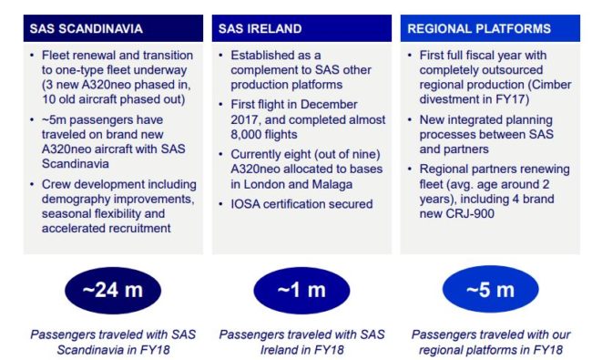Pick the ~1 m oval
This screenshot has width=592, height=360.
pos(301,290)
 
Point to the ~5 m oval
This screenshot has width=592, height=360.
pos(489,290)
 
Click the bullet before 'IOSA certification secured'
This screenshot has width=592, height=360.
pos(222,204)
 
